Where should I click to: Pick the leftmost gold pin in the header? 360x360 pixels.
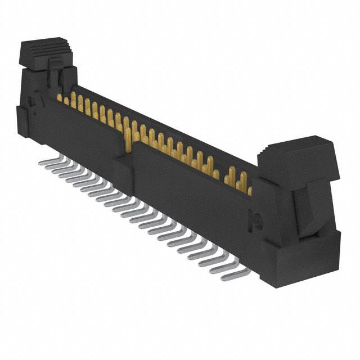coord(59,97)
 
